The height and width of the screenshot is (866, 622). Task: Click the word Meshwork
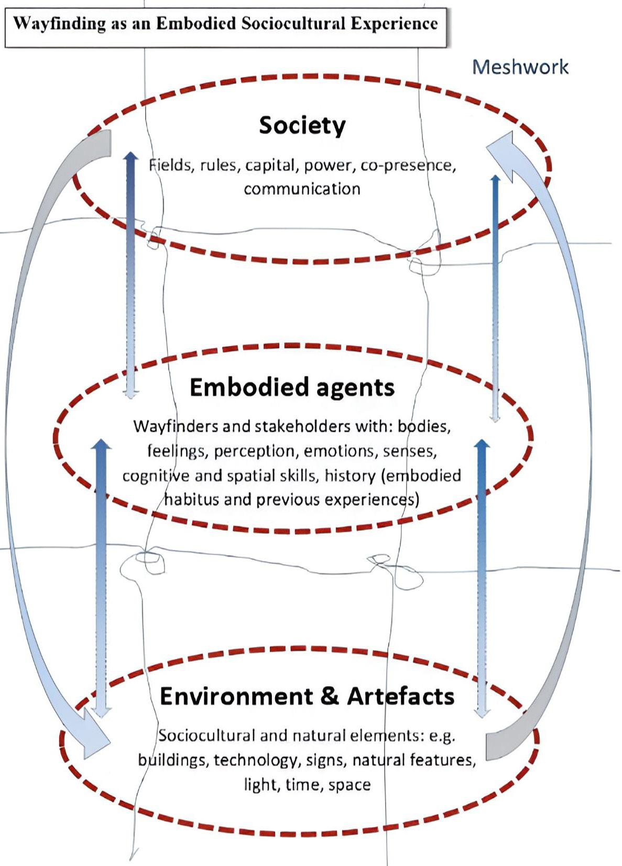pos(520,67)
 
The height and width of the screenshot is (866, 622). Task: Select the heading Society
pos(302,125)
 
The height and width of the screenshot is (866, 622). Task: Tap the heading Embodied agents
pos(292,387)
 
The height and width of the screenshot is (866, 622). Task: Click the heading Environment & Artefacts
pos(307,696)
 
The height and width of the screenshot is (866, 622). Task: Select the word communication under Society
pos(302,189)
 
